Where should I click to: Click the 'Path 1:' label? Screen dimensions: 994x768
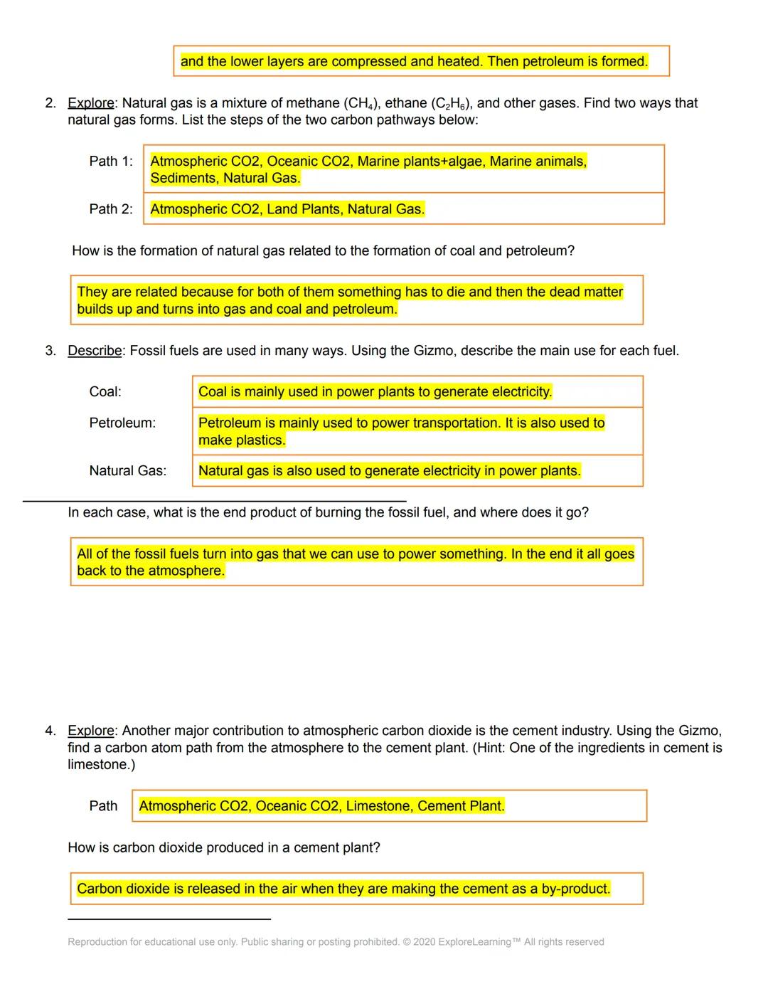coord(111,162)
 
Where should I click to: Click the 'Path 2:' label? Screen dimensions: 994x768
coord(111,209)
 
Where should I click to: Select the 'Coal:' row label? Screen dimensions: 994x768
coord(105,392)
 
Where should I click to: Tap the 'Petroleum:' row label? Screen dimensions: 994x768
coord(122,423)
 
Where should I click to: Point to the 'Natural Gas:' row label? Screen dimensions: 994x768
coord(128,471)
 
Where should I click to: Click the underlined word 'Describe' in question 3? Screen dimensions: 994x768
coord(95,351)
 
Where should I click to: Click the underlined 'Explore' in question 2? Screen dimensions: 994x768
coord(90,103)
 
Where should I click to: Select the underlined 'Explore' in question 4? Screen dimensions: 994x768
coord(90,731)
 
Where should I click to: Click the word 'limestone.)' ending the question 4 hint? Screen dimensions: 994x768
coord(101,765)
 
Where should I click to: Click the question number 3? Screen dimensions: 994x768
coord(50,351)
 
